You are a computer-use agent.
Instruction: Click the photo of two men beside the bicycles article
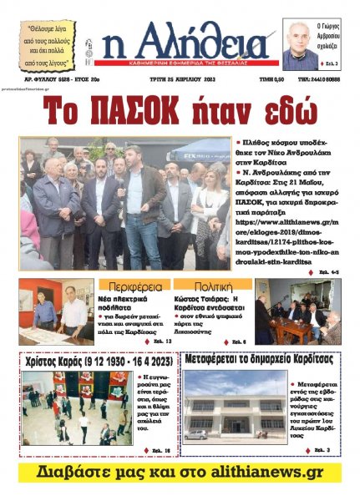[58, 312]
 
